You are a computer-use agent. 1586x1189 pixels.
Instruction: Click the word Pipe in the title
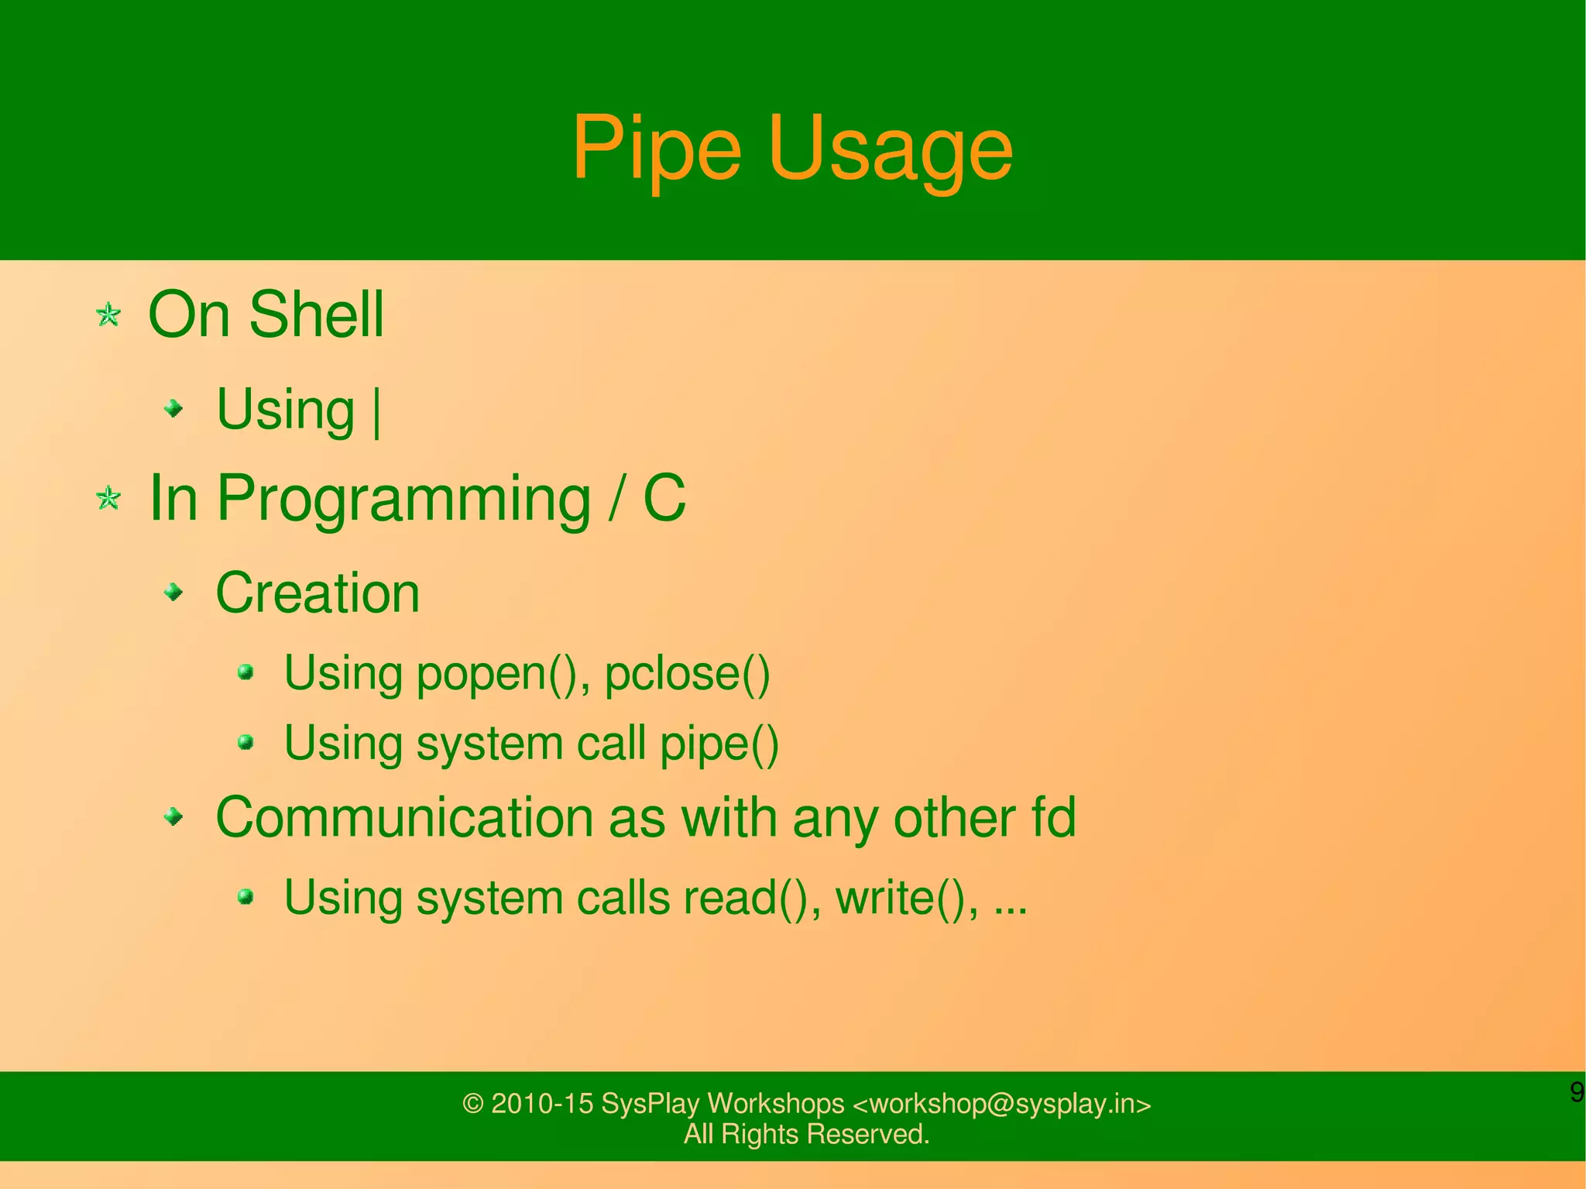coord(656,149)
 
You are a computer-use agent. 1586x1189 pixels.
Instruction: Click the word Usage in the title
coord(890,149)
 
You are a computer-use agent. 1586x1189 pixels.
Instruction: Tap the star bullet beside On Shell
coord(108,315)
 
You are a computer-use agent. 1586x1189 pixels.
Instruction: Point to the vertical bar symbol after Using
coord(377,412)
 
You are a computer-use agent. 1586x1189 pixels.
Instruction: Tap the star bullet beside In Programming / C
coord(108,498)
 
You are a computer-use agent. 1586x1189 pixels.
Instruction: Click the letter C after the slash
coord(664,498)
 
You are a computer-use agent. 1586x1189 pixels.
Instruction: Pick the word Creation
coord(318,593)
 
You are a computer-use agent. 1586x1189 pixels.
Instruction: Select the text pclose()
coord(687,674)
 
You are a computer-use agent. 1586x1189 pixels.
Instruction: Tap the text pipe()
coord(719,744)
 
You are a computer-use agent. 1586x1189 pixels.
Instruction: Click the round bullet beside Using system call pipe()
coord(246,743)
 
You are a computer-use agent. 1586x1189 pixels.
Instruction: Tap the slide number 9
coord(1576,1092)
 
